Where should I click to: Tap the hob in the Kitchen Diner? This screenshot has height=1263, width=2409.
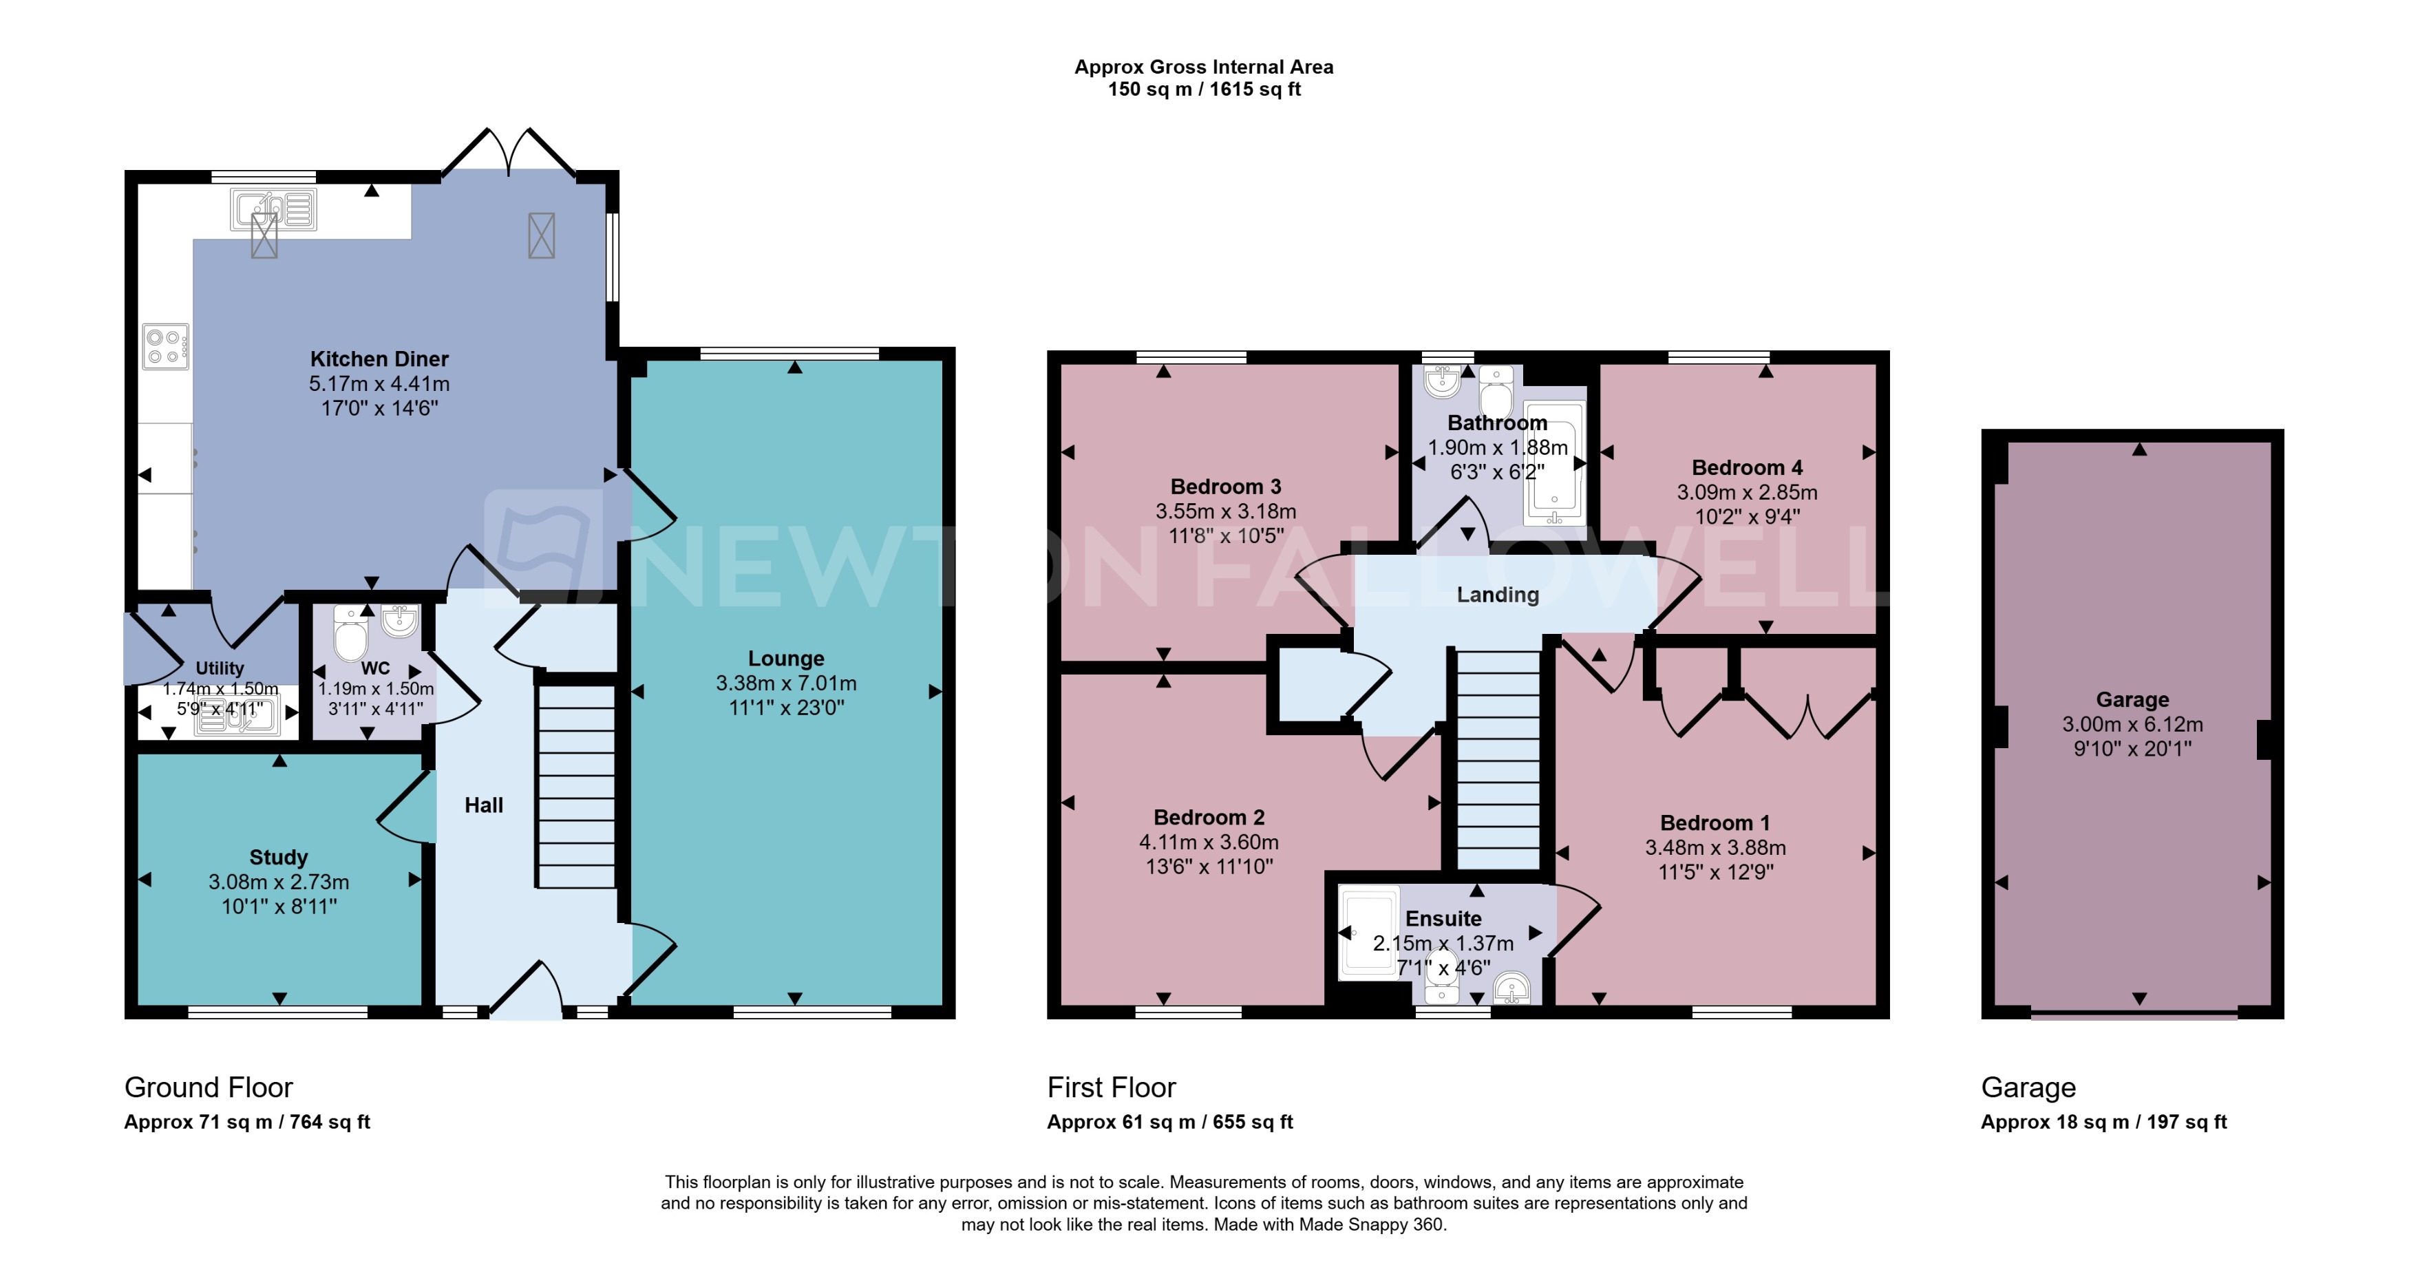click(165, 347)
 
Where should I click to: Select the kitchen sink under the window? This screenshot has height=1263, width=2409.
click(273, 209)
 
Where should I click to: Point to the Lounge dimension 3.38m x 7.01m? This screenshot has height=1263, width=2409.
click(785, 683)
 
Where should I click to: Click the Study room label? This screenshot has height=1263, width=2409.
click(278, 858)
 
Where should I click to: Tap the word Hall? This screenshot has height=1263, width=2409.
click(483, 805)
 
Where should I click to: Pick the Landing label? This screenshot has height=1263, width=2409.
click(1497, 595)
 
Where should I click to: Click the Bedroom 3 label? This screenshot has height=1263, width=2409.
click(1225, 486)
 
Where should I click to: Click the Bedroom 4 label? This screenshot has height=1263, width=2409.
click(1746, 467)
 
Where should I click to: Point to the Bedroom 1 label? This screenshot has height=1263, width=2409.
click(1714, 822)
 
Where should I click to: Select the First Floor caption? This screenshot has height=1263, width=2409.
click(1111, 1087)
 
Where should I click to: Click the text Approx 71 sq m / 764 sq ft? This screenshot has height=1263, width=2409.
click(247, 1122)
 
